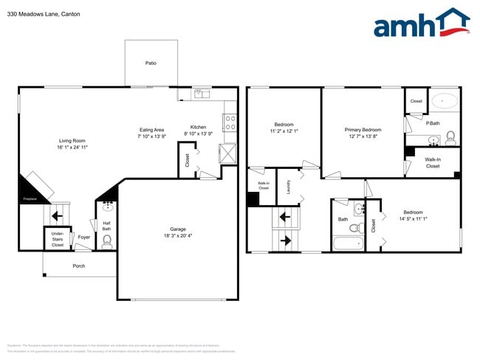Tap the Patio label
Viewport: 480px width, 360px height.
[x=150, y=63]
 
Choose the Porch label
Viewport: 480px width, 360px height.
[x=78, y=266]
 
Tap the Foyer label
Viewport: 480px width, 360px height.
[x=84, y=237]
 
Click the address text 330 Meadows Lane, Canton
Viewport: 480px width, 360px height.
[x=44, y=14]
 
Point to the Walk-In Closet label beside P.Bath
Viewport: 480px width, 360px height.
[x=432, y=162]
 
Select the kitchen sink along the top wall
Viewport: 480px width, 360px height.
[x=200, y=94]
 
